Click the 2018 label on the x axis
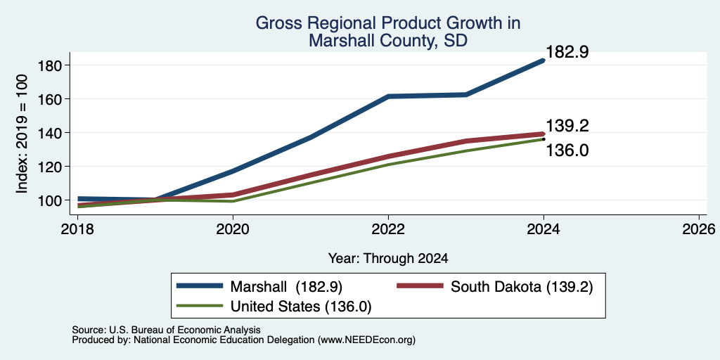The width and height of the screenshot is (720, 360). [x=77, y=229]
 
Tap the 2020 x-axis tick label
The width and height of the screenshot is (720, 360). [x=233, y=229]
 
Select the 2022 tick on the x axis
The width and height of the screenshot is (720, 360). [x=388, y=229]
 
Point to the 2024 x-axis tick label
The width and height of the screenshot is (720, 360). [x=544, y=229]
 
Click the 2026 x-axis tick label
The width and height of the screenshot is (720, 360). [x=699, y=229]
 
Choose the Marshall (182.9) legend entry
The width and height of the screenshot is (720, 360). [x=260, y=286]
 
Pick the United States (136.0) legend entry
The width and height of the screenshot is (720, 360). [x=274, y=307]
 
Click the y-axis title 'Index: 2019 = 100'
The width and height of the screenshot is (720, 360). [x=22, y=134]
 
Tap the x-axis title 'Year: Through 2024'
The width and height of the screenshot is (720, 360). [x=388, y=259]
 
